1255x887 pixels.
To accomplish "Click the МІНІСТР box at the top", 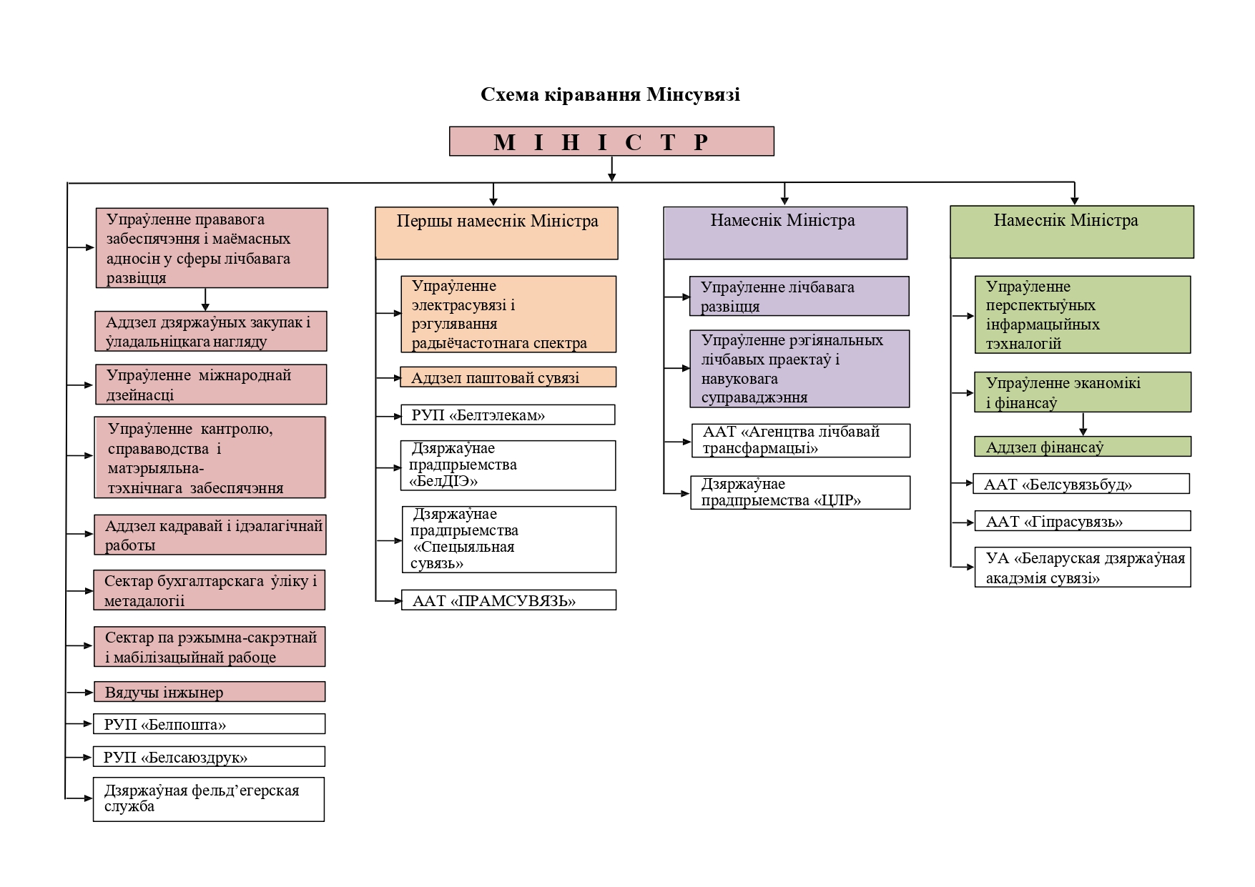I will (x=611, y=142).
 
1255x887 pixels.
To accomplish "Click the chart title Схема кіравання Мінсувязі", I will (x=610, y=94).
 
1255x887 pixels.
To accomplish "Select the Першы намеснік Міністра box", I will (x=496, y=232).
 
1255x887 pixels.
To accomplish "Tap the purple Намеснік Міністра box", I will (x=785, y=232).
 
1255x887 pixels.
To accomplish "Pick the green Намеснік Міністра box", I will (x=1071, y=232).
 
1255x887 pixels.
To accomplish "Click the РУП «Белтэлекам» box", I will (x=508, y=415).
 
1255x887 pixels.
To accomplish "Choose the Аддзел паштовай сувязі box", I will (x=508, y=377).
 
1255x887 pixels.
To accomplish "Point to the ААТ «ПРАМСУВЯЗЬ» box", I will (x=508, y=600).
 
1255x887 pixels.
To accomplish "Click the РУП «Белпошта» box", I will (x=209, y=724).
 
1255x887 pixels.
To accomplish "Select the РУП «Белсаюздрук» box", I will (x=209, y=757).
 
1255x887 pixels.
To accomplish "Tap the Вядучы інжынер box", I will (x=209, y=692).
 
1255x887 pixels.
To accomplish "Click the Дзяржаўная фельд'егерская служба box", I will (x=208, y=799).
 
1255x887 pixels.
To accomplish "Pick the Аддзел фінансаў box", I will (x=1082, y=447).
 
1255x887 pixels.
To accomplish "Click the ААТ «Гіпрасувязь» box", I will (x=1082, y=521).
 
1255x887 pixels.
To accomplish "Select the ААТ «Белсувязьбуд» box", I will (x=1081, y=484).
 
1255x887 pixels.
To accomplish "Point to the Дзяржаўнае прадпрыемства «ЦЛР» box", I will (x=800, y=492).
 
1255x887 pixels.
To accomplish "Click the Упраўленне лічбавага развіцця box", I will (x=799, y=296).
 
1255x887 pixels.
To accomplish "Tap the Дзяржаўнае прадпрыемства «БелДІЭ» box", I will (x=508, y=465).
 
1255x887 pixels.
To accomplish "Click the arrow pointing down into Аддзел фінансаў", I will (x=1083, y=425).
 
